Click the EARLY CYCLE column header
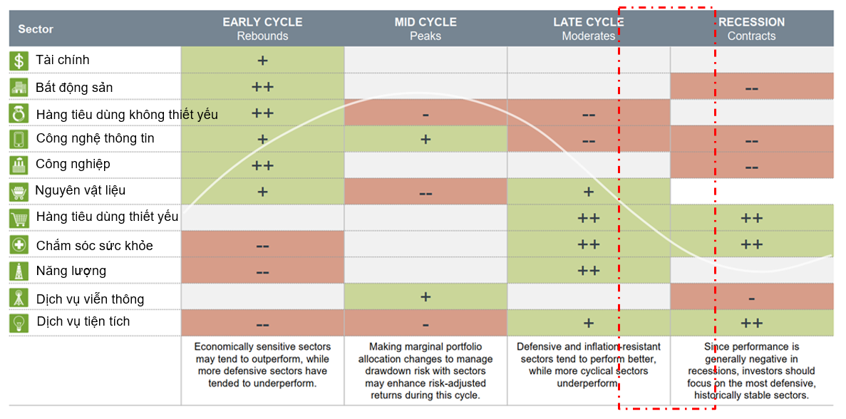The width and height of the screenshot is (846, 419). click(262, 29)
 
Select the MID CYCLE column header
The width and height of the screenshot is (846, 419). click(425, 29)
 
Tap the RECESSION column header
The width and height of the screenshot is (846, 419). click(751, 29)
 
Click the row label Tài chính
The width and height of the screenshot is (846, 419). click(63, 60)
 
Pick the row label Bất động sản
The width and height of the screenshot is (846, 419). click(74, 88)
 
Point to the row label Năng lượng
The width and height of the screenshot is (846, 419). click(71, 271)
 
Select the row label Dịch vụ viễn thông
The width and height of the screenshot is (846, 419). click(90, 299)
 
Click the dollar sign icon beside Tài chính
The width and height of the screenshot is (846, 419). click(19, 61)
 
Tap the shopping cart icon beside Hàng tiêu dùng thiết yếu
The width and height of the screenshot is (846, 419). click(19, 217)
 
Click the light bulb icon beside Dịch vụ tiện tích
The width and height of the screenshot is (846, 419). click(19, 322)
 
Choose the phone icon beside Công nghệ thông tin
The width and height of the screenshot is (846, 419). click(19, 138)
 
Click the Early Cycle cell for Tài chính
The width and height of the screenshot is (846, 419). click(262, 60)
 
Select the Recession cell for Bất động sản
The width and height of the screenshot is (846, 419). click(751, 88)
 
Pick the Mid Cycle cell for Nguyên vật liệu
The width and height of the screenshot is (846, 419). click(425, 192)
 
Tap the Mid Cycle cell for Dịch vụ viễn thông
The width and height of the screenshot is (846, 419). click(425, 297)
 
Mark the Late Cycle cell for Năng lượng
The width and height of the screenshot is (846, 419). click(589, 271)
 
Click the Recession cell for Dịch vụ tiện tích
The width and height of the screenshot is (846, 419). click(751, 323)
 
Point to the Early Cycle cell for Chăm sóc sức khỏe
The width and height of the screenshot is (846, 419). click(262, 245)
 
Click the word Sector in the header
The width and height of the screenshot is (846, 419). click(36, 29)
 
